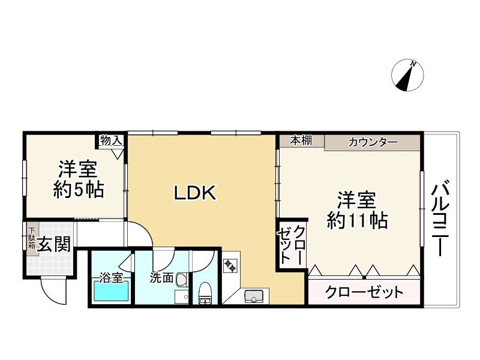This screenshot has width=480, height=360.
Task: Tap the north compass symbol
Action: [407, 76]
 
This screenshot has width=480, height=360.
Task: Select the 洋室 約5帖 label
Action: [78, 179]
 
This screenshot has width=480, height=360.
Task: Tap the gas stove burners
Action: [232, 266]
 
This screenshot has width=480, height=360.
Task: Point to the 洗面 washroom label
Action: [161, 278]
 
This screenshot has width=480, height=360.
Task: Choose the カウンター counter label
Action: [373, 142]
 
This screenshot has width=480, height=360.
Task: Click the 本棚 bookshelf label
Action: [301, 140]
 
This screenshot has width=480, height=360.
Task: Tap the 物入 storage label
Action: [112, 140]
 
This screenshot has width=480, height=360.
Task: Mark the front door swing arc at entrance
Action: [53, 294]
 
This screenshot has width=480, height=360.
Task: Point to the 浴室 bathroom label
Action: [111, 277]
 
